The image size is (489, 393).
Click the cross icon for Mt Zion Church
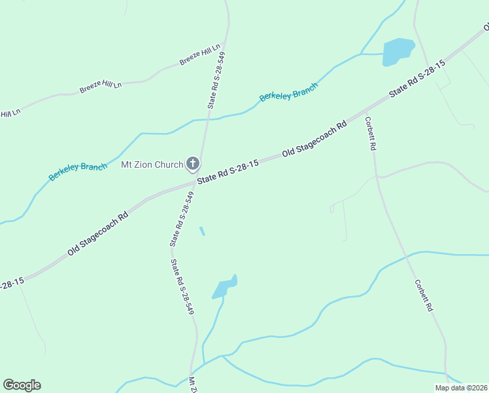193,164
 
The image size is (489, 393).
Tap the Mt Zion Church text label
152,164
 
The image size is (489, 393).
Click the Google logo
22,385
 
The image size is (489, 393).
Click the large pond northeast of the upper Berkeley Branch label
397,52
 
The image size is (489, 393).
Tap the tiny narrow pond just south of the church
202,231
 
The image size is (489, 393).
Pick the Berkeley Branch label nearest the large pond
288,92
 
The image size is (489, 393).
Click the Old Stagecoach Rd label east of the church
314,139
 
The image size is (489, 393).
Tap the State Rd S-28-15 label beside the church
228,171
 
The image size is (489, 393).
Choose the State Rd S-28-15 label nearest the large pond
417,79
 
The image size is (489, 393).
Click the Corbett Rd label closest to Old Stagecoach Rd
370,134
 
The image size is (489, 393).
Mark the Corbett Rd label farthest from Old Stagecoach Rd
424,295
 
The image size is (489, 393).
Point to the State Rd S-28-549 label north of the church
216,79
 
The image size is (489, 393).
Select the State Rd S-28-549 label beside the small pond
182,287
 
